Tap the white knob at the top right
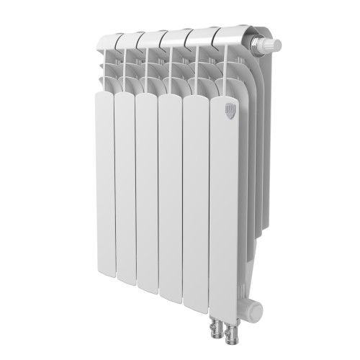coord(271,45)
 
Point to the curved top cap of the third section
coord(150,37)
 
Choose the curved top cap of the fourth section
coord(176,35)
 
